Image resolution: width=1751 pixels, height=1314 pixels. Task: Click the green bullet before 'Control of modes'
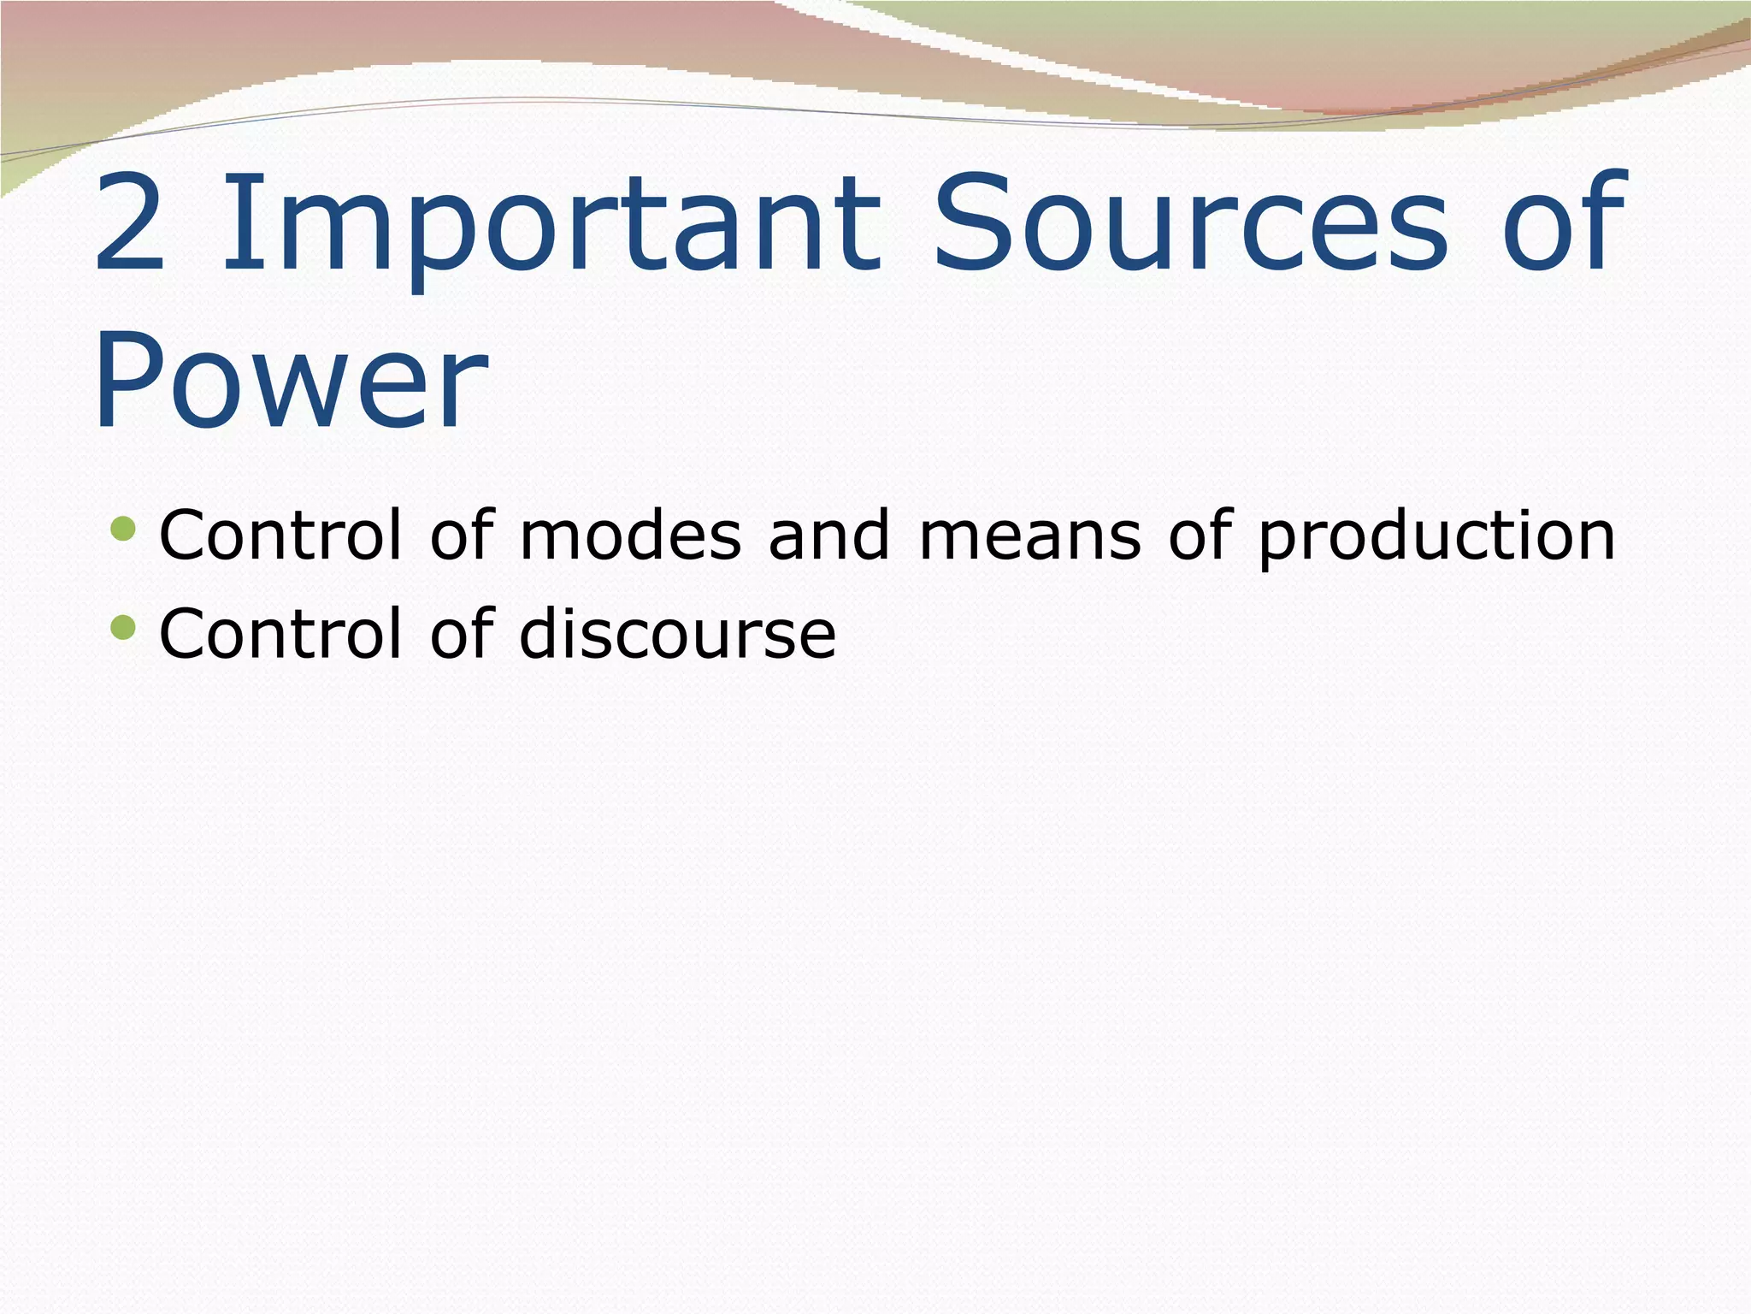coord(123,528)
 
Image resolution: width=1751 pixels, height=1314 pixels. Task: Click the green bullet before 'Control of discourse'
coord(123,628)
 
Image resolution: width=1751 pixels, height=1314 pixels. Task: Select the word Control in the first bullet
coord(280,536)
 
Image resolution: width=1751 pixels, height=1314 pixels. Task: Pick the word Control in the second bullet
coord(280,634)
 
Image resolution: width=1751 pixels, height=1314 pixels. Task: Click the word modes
coord(630,536)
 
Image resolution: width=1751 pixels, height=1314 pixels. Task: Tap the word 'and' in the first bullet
coord(828,536)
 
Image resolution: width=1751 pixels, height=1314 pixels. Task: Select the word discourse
coord(677,634)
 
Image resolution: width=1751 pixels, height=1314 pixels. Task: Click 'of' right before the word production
coord(1200,535)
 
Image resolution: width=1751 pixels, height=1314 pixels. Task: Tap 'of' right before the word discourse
coord(462,633)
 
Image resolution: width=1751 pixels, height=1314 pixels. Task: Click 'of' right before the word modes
coord(462,535)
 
